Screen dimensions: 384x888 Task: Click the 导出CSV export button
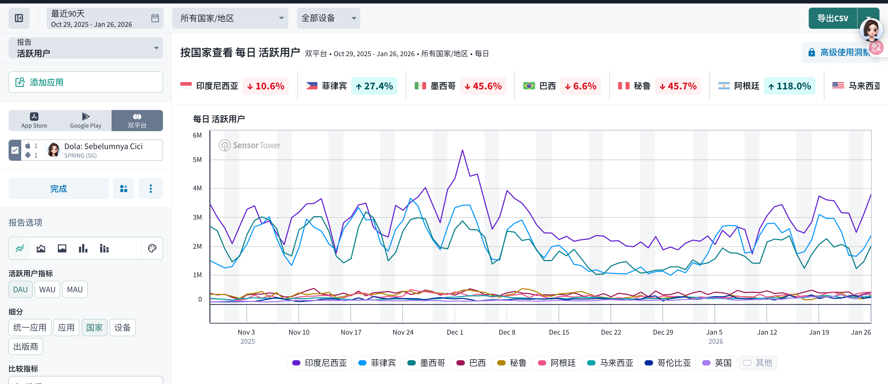832,18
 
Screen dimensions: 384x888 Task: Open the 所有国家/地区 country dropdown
230,18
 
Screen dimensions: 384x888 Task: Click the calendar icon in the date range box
155,18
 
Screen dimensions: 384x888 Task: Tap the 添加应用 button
85,82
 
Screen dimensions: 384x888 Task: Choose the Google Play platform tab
85,121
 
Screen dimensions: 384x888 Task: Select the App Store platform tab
34,121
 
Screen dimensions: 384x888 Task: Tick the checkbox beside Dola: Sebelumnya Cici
15,150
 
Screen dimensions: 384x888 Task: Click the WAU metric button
47,289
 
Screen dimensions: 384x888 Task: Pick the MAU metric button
75,289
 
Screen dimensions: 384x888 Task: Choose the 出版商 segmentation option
26,346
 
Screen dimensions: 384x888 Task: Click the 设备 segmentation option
122,328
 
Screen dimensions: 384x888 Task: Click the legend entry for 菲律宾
377,363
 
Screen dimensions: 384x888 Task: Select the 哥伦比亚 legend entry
668,363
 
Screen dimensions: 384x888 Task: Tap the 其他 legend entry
758,363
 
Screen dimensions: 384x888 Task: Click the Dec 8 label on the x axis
507,332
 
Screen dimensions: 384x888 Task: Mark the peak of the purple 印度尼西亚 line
462,150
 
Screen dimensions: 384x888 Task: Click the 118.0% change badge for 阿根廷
789,86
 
